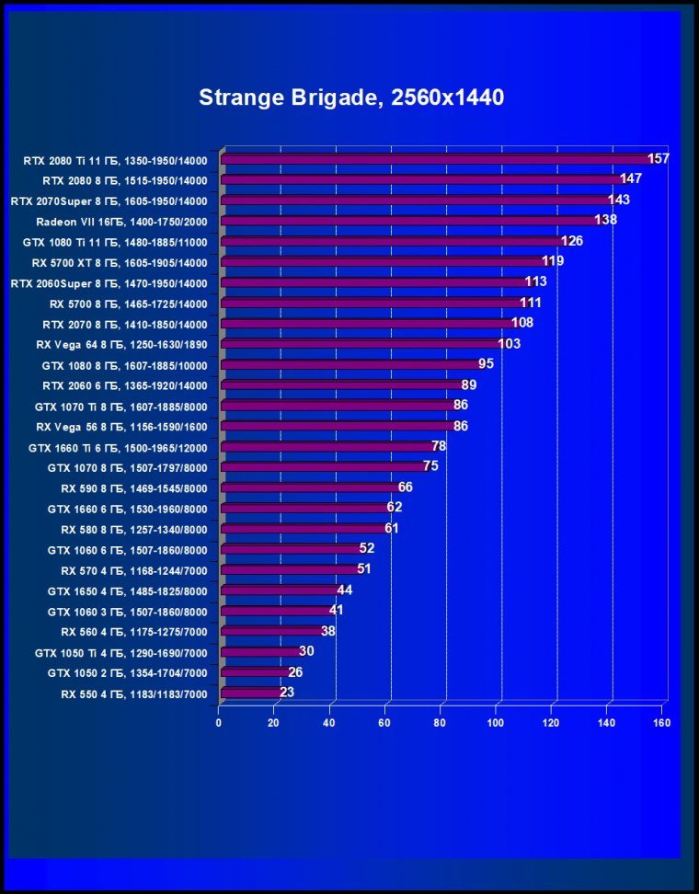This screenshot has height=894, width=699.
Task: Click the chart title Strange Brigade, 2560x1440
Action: [x=350, y=97]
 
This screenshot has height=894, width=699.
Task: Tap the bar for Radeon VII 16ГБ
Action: [x=408, y=221]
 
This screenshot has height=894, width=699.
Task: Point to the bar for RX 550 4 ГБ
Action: [x=250, y=693]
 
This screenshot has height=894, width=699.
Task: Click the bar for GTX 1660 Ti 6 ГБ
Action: [x=327, y=447]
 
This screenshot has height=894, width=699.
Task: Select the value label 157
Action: [x=658, y=158]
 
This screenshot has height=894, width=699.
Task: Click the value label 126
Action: [x=572, y=241]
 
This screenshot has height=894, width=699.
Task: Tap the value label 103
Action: [x=509, y=344]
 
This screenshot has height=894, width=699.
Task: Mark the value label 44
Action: [x=344, y=590]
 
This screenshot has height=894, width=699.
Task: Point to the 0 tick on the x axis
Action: [x=219, y=722]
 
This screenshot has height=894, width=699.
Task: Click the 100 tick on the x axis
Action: [x=497, y=722]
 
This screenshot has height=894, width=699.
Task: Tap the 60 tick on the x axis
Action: [x=385, y=722]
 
